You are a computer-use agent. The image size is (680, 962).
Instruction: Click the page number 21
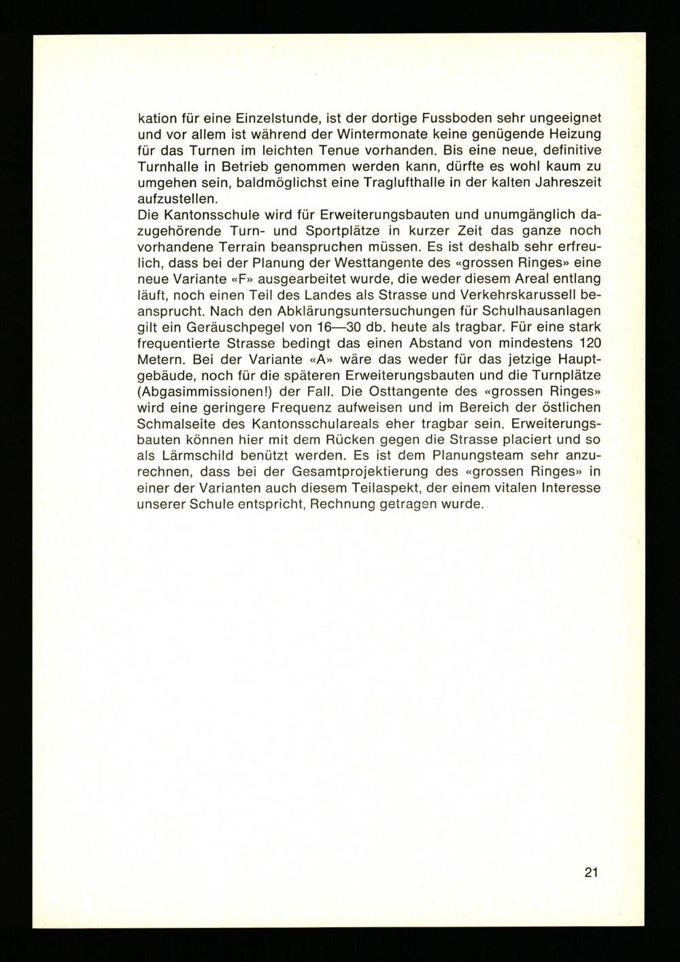[x=590, y=872]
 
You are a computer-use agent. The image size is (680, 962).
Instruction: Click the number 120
[x=590, y=342]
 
